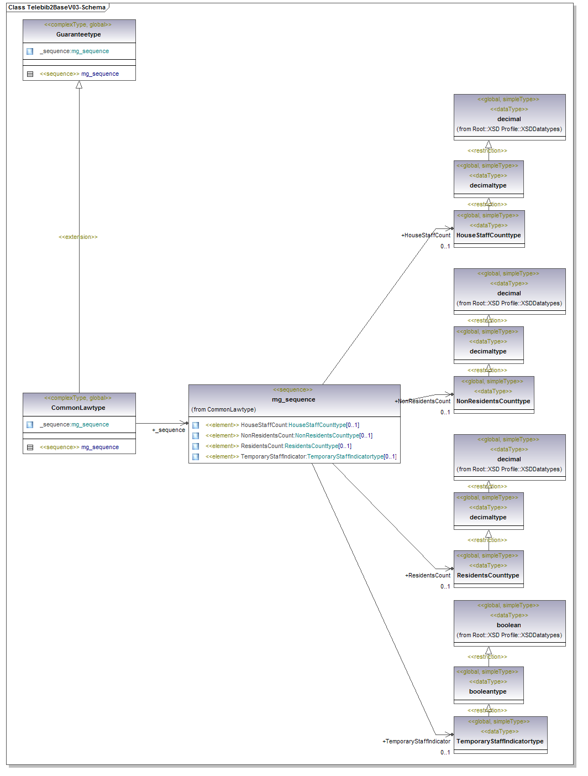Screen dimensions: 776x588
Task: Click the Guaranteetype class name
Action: [x=78, y=34]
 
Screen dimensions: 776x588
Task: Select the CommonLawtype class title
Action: [x=78, y=408]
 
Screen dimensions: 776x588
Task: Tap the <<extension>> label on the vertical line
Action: [x=78, y=237]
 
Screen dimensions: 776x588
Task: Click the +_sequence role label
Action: [x=169, y=430]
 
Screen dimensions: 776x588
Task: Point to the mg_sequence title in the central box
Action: [x=293, y=399]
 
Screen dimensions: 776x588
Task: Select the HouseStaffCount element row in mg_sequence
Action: [x=282, y=425]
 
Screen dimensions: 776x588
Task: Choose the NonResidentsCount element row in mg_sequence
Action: [x=288, y=435]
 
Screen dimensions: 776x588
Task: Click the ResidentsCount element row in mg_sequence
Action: [x=278, y=446]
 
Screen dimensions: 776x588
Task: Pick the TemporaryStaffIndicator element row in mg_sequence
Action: [x=301, y=456]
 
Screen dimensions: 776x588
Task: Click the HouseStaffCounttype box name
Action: [x=489, y=235]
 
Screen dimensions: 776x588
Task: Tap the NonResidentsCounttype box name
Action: [x=493, y=401]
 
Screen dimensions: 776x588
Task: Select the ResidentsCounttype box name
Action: [x=488, y=575]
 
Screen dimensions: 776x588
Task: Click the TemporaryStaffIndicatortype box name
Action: [x=500, y=741]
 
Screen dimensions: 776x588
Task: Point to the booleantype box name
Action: [x=487, y=691]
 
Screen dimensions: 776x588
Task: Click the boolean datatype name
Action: [x=508, y=625]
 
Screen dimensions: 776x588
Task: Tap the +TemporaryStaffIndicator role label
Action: [x=416, y=741]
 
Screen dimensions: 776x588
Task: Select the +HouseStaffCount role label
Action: [x=426, y=235]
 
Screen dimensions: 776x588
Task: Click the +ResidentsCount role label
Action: [x=428, y=575]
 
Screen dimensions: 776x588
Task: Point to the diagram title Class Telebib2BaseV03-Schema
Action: [x=57, y=7]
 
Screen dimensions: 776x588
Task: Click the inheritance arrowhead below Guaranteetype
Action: [x=79, y=85]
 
